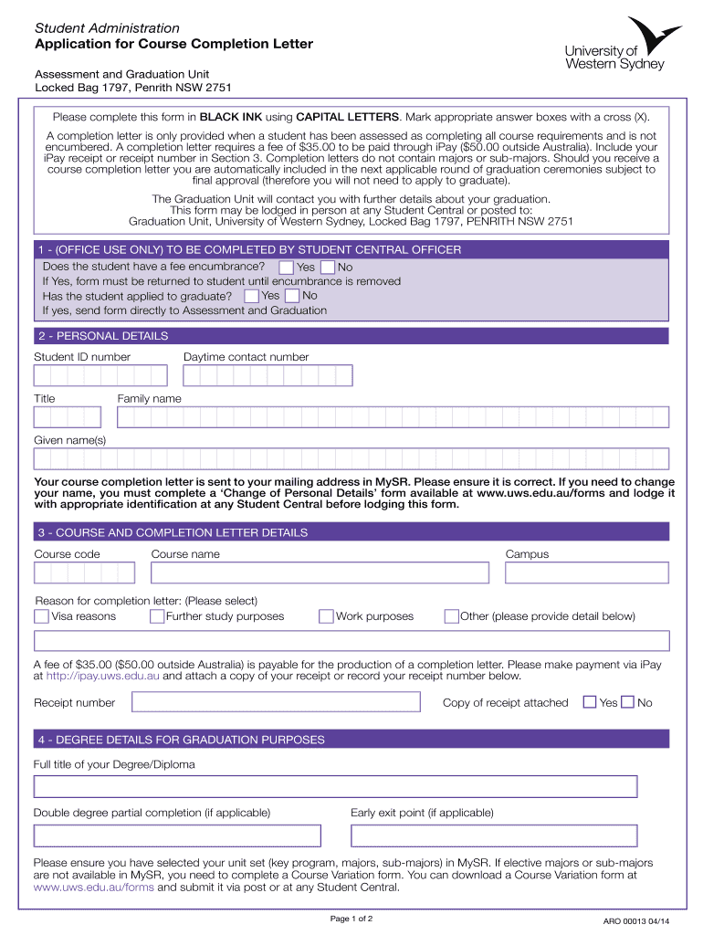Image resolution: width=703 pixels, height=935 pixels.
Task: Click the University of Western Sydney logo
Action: tap(623, 45)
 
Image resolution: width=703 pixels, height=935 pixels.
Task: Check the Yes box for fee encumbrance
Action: tap(286, 267)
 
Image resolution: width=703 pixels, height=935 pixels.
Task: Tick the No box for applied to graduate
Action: tap(292, 296)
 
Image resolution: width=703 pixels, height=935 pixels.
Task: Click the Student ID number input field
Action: tap(100, 375)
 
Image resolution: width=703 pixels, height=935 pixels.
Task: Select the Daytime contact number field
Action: tap(268, 375)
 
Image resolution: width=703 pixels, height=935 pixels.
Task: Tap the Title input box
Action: tap(68, 417)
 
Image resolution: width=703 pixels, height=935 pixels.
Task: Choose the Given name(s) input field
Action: tap(351, 458)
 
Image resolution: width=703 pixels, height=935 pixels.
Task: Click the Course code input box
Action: tap(84, 573)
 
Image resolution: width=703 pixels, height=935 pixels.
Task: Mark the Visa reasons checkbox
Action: tap(42, 616)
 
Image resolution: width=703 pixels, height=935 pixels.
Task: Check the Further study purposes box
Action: tap(157, 616)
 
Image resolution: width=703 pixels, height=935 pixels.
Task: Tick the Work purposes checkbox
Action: tap(326, 616)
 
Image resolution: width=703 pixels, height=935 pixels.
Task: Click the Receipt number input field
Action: tap(276, 702)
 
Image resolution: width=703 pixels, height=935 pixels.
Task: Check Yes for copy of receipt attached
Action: tap(590, 702)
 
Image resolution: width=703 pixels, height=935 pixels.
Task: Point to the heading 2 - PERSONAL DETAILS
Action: tap(102, 336)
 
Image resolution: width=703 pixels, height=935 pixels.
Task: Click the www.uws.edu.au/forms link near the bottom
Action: tap(81, 887)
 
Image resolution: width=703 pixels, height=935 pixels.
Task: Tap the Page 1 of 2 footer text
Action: tap(351, 918)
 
